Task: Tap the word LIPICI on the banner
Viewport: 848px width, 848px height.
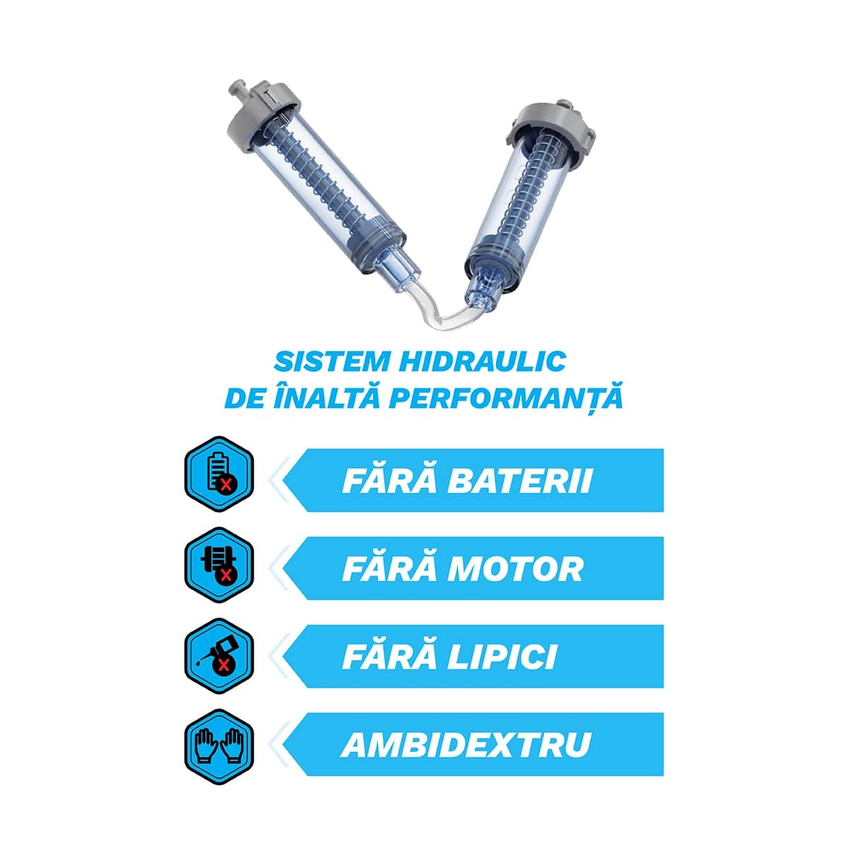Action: (x=502, y=657)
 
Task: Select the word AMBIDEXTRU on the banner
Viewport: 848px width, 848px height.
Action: (x=466, y=745)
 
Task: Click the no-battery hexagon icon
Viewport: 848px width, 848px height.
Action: (x=218, y=474)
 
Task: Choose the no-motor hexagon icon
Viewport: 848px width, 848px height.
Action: (x=218, y=565)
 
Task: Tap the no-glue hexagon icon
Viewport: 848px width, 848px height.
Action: (x=218, y=656)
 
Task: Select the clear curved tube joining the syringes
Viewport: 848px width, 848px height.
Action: (x=442, y=309)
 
